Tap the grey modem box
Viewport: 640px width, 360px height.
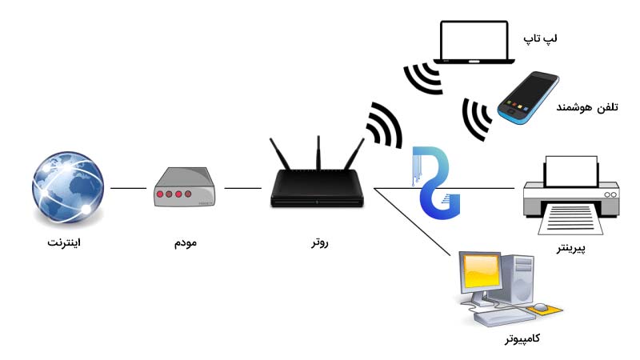(x=184, y=188)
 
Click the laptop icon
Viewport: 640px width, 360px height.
(x=474, y=43)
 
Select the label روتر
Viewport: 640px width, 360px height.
(x=318, y=241)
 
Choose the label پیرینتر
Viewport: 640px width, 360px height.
(x=571, y=249)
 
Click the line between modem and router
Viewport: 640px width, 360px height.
(x=243, y=189)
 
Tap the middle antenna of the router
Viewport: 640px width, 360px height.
(x=318, y=152)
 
